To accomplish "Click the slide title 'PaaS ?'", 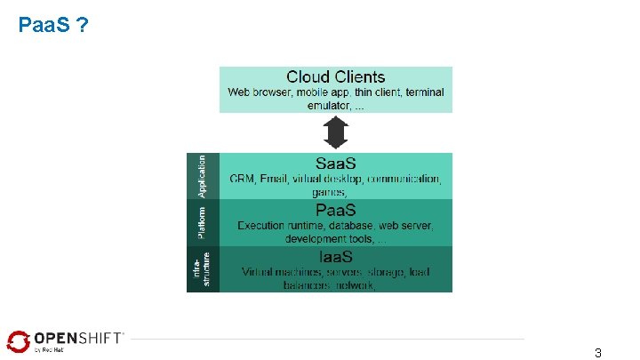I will point(52,26).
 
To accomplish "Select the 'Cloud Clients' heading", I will point(336,77).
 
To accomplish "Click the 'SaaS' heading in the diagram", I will point(336,164).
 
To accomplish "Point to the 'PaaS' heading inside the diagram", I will point(336,211).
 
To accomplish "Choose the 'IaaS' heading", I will point(336,257).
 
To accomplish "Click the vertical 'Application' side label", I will point(202,175).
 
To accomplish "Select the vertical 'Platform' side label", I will point(202,222).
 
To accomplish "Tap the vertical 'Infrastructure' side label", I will point(202,269).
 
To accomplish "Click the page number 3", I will point(598,353).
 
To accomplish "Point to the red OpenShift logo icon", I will point(18,340).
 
